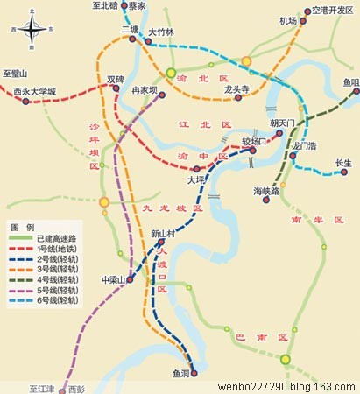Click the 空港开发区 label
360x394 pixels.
[x=332, y=11]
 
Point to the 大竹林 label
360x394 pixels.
[x=161, y=32]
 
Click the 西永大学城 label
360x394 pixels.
[x=34, y=90]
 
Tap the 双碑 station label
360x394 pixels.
[x=115, y=79]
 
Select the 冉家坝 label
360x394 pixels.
[x=144, y=90]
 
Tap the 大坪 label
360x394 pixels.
[x=195, y=179]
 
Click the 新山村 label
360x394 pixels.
[x=164, y=234]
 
